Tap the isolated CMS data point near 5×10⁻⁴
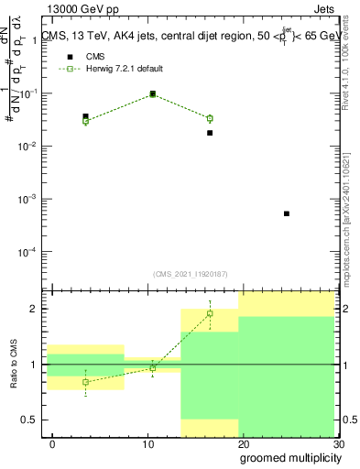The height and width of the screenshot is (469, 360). click(x=287, y=213)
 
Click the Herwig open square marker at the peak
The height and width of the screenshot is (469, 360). click(x=152, y=94)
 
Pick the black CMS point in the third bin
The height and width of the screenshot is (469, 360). click(x=210, y=133)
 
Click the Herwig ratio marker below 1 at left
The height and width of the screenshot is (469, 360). click(x=85, y=382)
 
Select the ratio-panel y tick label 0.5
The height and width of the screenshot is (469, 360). click(x=28, y=420)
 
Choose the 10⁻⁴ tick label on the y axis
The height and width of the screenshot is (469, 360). click(x=27, y=251)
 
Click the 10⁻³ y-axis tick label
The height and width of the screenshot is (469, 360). click(x=27, y=199)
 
